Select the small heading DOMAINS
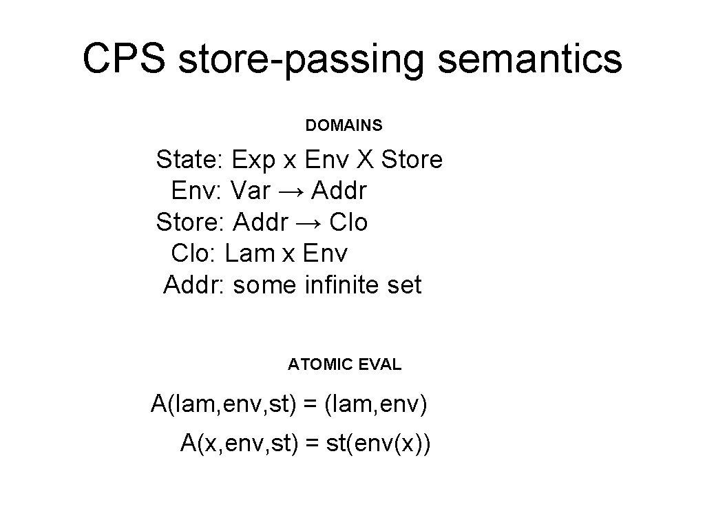pos(344,126)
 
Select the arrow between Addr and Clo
pos(312,222)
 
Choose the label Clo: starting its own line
pos(195,253)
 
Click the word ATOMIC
pos(319,364)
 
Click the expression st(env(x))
pos(379,443)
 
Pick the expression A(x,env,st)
pos(239,443)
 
